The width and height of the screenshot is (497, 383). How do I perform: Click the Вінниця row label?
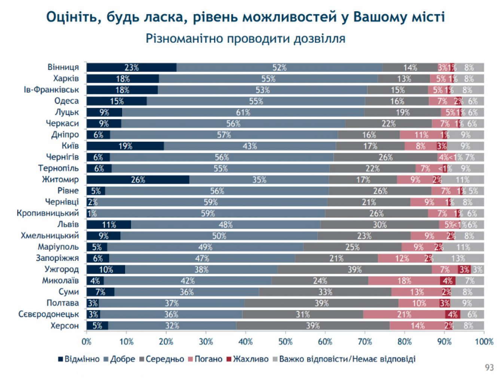tap(63, 67)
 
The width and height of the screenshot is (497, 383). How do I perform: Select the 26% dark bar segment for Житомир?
tap(138, 180)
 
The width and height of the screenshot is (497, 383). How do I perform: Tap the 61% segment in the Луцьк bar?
tap(243, 112)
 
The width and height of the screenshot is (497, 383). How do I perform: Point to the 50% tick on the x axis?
tap(285, 341)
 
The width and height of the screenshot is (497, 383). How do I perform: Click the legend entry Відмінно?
tap(79, 359)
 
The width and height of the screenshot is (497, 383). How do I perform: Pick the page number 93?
tap(489, 368)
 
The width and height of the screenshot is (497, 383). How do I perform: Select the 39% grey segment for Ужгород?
tap(354, 270)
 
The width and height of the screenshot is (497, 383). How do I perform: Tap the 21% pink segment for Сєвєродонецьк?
tap(404, 314)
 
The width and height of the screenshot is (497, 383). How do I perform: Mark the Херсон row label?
tap(65, 326)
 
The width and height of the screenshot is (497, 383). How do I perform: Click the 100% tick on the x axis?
tap(484, 341)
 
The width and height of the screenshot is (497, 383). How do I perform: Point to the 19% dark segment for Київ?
tap(125, 146)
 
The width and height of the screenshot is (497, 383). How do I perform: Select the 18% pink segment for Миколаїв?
tap(404, 281)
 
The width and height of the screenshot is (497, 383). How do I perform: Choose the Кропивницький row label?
tap(48, 213)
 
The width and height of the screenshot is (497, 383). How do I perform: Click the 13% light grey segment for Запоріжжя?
tap(458, 258)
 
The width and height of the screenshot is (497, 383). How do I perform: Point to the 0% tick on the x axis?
tap(86, 341)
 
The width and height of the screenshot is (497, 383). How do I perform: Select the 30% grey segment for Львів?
tap(379, 225)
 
